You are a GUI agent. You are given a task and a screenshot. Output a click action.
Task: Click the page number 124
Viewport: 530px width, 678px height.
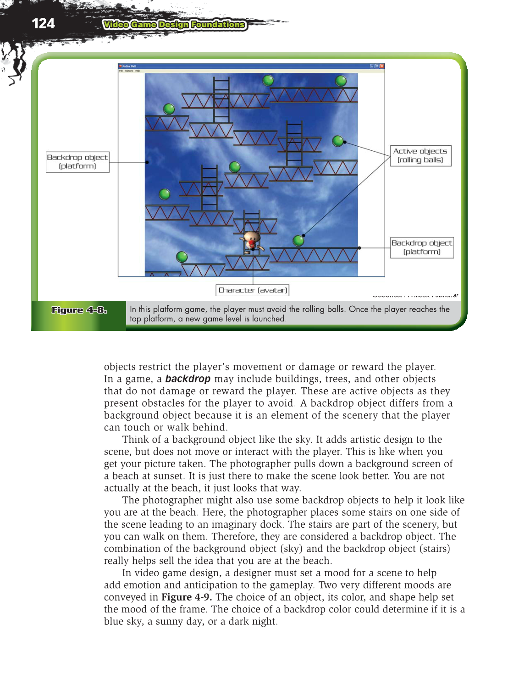click(43, 23)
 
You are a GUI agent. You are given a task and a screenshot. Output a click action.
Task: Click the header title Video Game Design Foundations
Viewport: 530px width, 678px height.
click(174, 25)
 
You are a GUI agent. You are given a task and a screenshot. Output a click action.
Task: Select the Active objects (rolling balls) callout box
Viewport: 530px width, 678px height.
click(420, 156)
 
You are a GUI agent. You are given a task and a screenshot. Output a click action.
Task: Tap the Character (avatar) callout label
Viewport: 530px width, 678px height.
click(253, 290)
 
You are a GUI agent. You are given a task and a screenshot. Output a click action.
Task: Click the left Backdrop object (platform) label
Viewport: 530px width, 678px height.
click(77, 162)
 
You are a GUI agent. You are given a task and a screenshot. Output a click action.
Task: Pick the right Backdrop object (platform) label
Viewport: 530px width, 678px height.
click(422, 248)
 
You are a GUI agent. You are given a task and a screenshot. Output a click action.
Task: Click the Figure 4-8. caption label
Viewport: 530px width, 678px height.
click(79, 310)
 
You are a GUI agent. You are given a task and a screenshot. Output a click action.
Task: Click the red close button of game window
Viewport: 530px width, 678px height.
click(382, 66)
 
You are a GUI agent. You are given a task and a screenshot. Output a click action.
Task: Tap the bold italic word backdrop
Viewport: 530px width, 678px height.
click(188, 379)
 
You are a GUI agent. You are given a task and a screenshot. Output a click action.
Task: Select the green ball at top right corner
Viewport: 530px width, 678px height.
click(341, 81)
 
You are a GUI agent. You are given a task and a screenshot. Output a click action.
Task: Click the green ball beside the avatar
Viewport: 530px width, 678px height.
click(298, 240)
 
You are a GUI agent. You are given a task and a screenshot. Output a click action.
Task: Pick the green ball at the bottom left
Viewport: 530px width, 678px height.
click(182, 257)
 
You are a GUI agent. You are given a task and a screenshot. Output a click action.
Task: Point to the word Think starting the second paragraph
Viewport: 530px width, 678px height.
click(135, 440)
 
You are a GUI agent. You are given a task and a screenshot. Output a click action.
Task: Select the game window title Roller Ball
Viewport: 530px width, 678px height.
click(129, 66)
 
